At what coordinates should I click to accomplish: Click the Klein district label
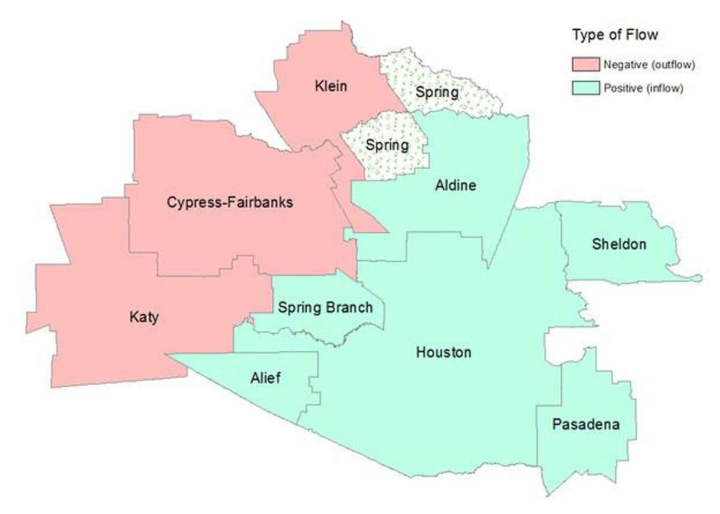pyautogui.click(x=331, y=86)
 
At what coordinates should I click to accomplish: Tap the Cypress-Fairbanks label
pyautogui.click(x=230, y=202)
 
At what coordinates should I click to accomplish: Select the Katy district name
pyautogui.click(x=144, y=316)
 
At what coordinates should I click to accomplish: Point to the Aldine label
pyautogui.click(x=455, y=186)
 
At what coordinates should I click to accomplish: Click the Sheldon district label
pyautogui.click(x=619, y=244)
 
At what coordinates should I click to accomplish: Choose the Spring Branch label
pyautogui.click(x=325, y=308)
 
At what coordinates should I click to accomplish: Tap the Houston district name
pyautogui.click(x=443, y=352)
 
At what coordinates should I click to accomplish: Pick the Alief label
pyautogui.click(x=265, y=378)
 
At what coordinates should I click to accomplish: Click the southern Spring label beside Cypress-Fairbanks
pyautogui.click(x=387, y=145)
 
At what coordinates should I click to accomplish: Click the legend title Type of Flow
pyautogui.click(x=614, y=35)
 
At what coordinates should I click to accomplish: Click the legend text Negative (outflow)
pyautogui.click(x=649, y=65)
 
